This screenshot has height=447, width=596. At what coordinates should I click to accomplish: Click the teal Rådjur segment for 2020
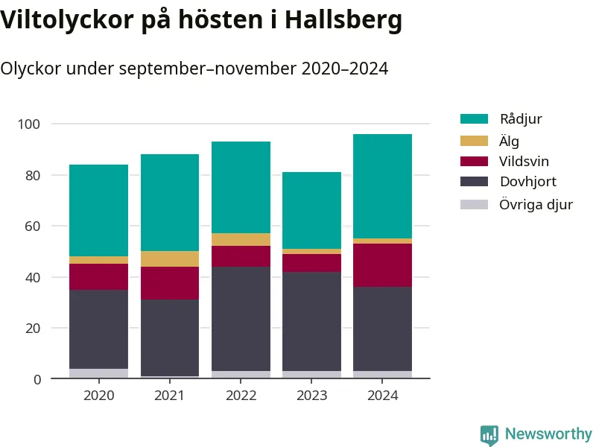point(98,210)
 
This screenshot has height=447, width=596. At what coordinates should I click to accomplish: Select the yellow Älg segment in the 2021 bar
point(169,259)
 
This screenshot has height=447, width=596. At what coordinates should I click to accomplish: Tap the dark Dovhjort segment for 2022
point(241,318)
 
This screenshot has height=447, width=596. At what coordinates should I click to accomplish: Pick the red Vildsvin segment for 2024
point(382,264)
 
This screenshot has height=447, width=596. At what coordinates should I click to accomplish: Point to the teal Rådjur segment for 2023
point(311,210)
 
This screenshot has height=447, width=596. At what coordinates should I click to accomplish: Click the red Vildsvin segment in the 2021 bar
point(169,283)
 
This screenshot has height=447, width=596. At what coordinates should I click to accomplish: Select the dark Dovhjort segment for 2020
point(98,329)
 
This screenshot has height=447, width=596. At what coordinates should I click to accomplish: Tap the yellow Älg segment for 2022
point(241,239)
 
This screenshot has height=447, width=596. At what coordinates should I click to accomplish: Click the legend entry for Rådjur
point(520,119)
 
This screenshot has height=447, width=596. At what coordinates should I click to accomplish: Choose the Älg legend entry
point(509,140)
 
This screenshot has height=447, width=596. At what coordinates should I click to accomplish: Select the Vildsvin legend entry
point(524,161)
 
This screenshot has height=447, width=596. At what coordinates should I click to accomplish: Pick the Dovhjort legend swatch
point(474,182)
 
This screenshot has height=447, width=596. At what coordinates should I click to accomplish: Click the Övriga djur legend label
point(536,203)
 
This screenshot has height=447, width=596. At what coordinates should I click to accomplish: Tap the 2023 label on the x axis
point(311,396)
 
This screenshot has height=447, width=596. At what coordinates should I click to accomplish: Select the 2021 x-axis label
point(169,396)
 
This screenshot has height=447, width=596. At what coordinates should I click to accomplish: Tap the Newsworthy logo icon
point(489,435)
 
